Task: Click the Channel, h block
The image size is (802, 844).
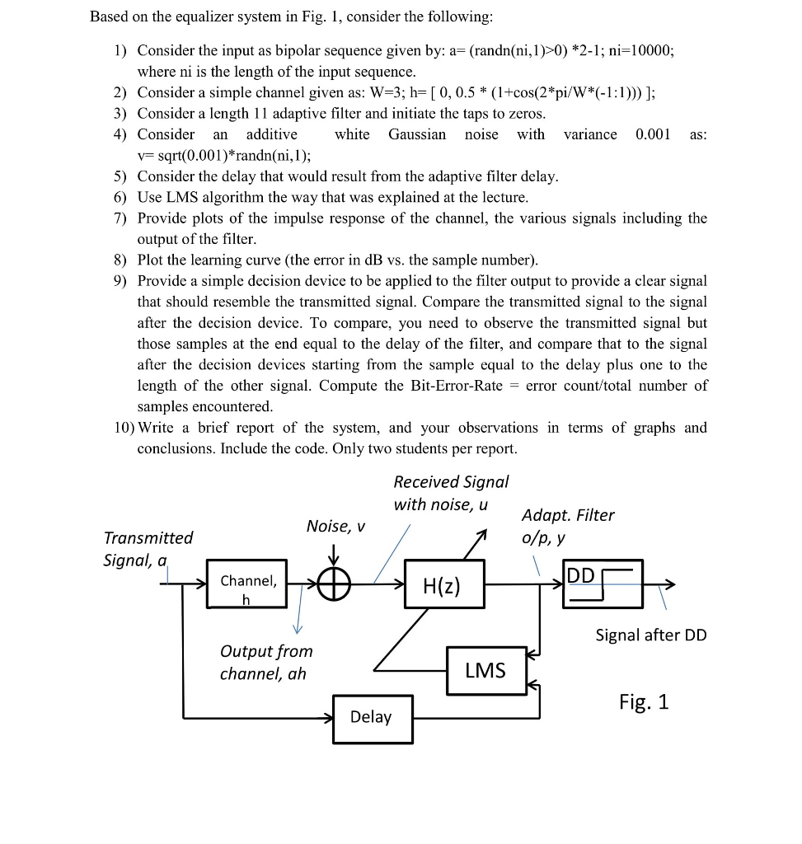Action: pyautogui.click(x=247, y=584)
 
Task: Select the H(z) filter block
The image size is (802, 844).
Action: pyautogui.click(x=444, y=584)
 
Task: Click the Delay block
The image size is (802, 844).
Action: pyautogui.click(x=372, y=717)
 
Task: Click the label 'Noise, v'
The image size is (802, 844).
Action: pyautogui.click(x=335, y=525)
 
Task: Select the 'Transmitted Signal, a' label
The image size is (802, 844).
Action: pyautogui.click(x=148, y=549)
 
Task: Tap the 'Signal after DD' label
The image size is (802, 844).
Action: pyautogui.click(x=650, y=635)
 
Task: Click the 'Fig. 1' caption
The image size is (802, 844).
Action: pyautogui.click(x=644, y=701)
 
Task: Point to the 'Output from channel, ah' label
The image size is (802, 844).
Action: pyautogui.click(x=265, y=662)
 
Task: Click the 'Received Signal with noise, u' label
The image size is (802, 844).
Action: pyautogui.click(x=451, y=492)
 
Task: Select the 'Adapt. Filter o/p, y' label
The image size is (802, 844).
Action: pyautogui.click(x=567, y=526)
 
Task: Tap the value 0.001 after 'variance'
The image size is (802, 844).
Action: pyautogui.click(x=653, y=134)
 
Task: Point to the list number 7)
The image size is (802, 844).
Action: pyautogui.click(x=121, y=218)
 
